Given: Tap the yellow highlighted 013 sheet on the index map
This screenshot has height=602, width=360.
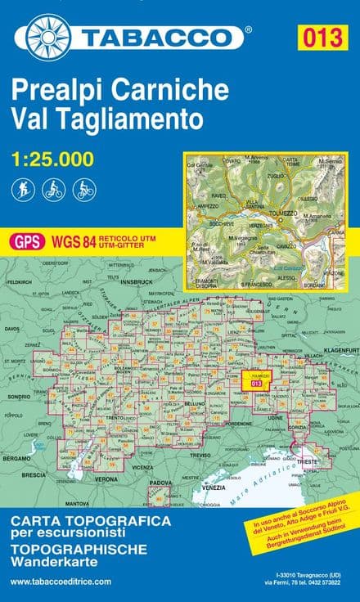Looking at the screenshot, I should click(x=256, y=382).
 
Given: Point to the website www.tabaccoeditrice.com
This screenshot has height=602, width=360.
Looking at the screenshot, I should click(x=61, y=581).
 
